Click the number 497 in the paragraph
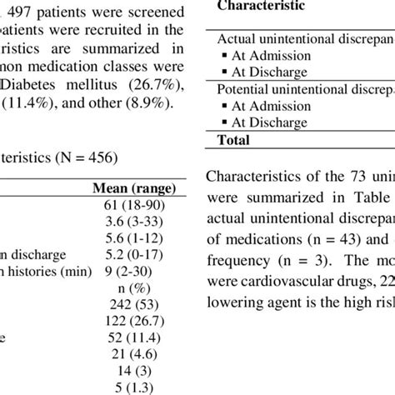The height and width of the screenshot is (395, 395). click(x=23, y=13)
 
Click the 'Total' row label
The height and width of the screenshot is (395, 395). click(x=233, y=141)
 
